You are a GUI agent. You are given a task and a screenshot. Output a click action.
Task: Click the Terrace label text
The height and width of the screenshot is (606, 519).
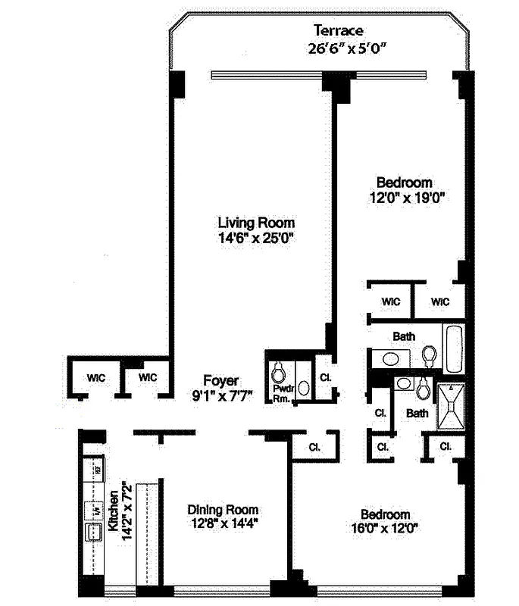(x=339, y=31)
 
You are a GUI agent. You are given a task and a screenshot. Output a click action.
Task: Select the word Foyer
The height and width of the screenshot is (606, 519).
(x=221, y=380)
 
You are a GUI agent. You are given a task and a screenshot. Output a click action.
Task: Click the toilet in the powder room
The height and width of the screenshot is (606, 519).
(x=278, y=371)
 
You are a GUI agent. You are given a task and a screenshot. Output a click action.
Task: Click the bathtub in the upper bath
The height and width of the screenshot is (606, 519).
(x=454, y=349)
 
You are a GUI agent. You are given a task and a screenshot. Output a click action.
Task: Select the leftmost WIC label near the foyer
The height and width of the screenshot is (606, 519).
(x=95, y=376)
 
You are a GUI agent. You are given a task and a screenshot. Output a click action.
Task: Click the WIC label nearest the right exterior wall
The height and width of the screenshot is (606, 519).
(x=440, y=302)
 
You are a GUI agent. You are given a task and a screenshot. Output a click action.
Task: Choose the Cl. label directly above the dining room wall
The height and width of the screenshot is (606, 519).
(x=314, y=447)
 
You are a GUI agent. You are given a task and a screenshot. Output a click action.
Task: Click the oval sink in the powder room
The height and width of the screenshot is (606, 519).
(x=304, y=387)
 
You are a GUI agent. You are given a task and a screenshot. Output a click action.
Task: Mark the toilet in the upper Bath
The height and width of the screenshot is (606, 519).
(x=430, y=356)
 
